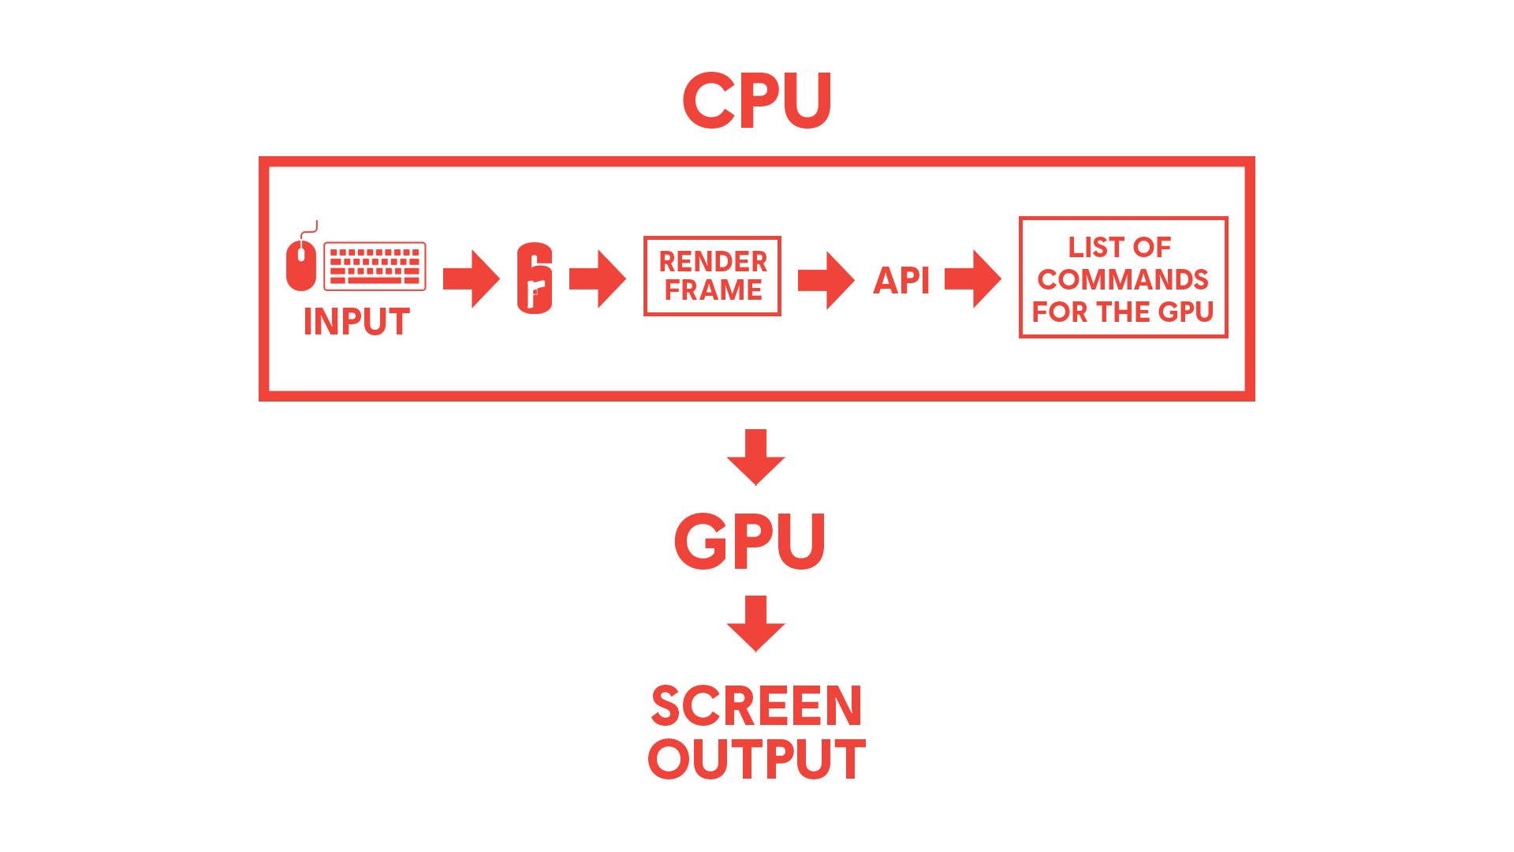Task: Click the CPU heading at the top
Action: coord(757,100)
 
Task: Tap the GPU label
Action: coord(749,541)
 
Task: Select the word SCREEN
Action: coord(756,706)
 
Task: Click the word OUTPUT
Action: coord(756,759)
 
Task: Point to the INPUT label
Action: coord(356,321)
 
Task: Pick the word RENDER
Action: coord(713,261)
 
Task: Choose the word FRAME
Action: coord(713,290)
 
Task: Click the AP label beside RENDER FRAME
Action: coord(897,280)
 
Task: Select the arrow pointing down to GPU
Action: coord(756,458)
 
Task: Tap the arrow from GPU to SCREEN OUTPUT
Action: coord(756,624)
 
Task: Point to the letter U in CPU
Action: coord(803,100)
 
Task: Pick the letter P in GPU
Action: coord(751,541)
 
